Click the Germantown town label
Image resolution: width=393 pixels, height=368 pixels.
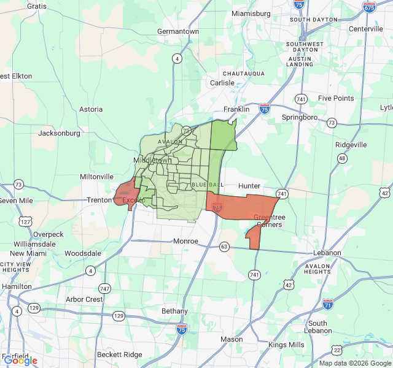[178, 31]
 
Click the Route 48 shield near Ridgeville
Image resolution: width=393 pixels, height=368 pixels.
[342, 158]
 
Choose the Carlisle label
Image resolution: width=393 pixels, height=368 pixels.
[222, 83]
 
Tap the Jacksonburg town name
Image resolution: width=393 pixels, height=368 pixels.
[60, 133]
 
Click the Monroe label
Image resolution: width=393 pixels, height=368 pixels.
[185, 241]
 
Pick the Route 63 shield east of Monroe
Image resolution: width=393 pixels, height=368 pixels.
[225, 247]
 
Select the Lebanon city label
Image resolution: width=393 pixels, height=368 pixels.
[326, 253]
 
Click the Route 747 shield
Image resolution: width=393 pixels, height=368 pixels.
[105, 288]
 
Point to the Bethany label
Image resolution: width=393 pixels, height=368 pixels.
[174, 311]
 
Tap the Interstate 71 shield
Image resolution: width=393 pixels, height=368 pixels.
[328, 304]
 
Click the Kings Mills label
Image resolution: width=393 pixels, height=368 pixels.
[286, 345]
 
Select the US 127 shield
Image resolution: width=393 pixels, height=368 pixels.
[25, 221]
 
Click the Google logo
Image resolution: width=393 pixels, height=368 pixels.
[20, 361]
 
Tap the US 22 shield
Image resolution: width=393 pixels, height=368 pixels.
[337, 350]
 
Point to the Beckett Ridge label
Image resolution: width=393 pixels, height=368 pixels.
[119, 355]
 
